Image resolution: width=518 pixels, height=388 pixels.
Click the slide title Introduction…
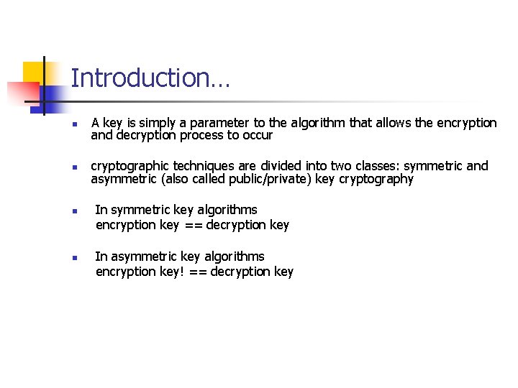click(x=150, y=78)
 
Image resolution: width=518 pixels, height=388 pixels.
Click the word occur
click(x=258, y=136)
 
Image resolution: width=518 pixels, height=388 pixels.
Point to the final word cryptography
click(x=376, y=180)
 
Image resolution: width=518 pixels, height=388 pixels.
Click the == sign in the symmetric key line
click(x=192, y=226)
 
